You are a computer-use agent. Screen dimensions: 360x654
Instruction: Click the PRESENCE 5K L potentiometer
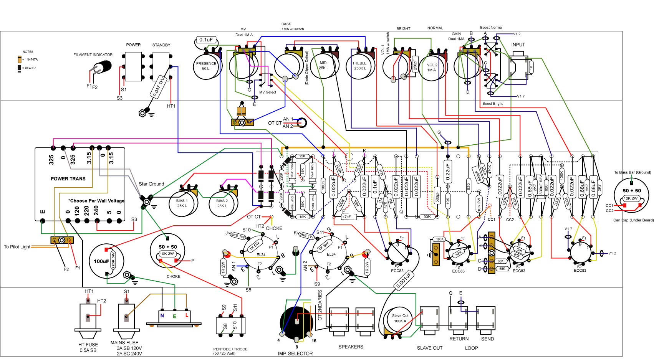[x=206, y=66]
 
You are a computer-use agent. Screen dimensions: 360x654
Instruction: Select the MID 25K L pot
[x=323, y=66]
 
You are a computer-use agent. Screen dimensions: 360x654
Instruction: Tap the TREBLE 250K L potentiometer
[x=359, y=66]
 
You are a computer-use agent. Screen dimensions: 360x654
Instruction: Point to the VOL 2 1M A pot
[x=432, y=68]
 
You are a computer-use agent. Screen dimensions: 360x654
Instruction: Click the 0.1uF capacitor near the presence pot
[x=206, y=40]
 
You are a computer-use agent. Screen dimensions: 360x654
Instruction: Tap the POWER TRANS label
[x=68, y=178]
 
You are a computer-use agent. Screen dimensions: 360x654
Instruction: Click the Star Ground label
[x=151, y=184]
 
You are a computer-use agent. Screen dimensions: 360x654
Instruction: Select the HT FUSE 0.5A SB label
[x=88, y=347]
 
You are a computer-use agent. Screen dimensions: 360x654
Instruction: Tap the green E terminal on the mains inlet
[x=174, y=316]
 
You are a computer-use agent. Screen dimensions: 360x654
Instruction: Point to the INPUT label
[x=518, y=45]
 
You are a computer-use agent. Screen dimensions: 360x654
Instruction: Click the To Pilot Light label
[x=17, y=247]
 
